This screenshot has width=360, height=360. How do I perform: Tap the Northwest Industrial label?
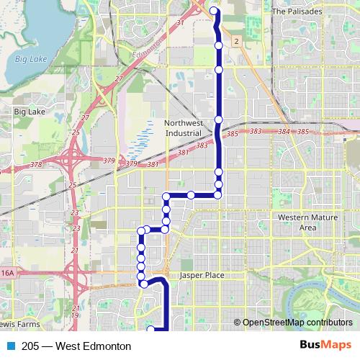(185, 128)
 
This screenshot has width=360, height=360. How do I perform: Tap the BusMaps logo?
(326, 345)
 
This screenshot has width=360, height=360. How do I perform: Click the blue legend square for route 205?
(10, 346)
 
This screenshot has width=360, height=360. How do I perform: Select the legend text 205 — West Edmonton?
(66, 346)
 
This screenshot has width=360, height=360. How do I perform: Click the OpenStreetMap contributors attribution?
(297, 323)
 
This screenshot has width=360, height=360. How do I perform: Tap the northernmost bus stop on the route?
(214, 11)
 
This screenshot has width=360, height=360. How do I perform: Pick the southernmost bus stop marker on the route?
(151, 329)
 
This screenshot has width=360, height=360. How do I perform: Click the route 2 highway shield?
(235, 42)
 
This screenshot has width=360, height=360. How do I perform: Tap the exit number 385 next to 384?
(302, 132)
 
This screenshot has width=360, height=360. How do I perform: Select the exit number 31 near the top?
(181, 24)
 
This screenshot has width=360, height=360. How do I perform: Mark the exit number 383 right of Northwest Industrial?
(256, 131)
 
